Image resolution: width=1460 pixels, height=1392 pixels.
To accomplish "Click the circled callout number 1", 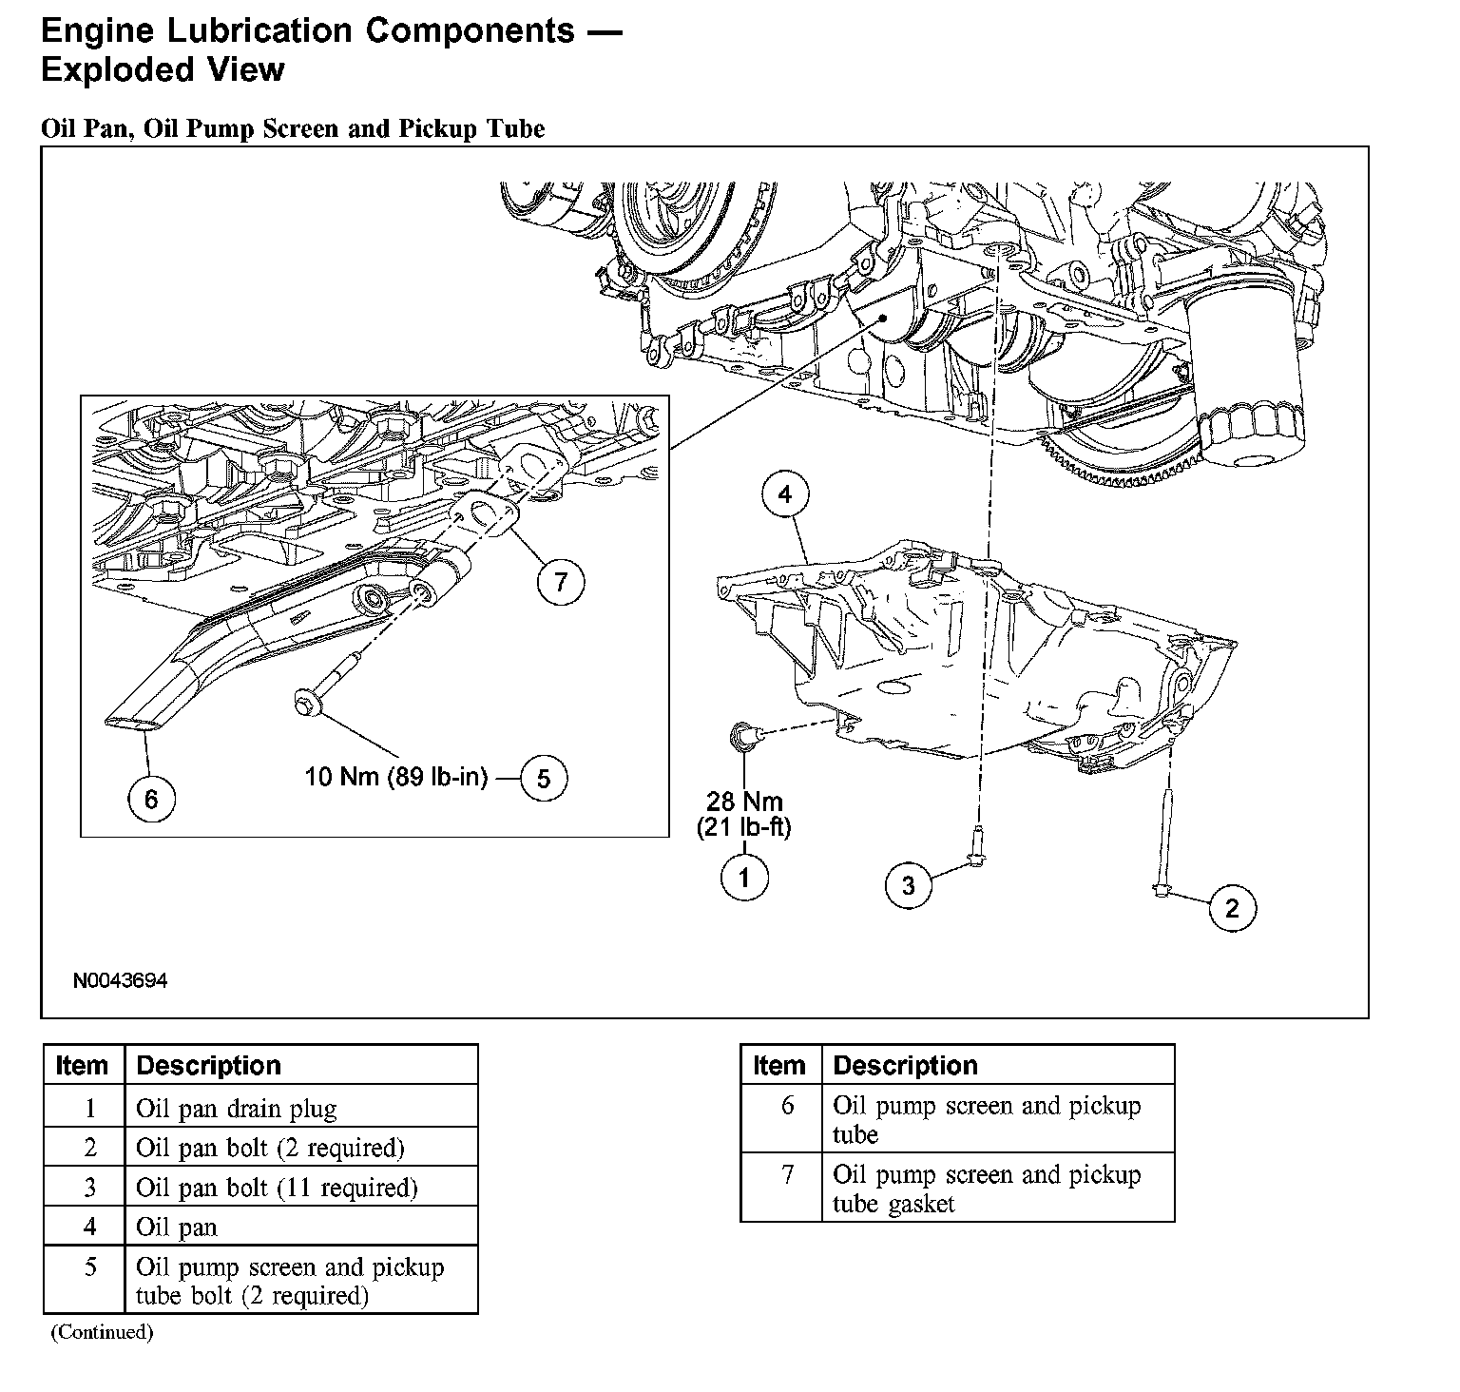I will pyautogui.click(x=744, y=878).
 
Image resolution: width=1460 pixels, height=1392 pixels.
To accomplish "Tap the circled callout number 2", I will pyautogui.click(x=1232, y=909).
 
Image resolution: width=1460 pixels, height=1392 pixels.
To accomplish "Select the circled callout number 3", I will pyautogui.click(x=909, y=886).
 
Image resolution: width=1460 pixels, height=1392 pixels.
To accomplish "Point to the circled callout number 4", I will pyautogui.click(x=785, y=494).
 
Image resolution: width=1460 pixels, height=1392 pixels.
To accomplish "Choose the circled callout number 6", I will pyautogui.click(x=151, y=800).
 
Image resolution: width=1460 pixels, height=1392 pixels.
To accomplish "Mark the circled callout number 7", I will pyautogui.click(x=561, y=581).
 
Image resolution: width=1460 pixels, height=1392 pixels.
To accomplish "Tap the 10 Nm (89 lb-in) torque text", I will pyautogui.click(x=396, y=777).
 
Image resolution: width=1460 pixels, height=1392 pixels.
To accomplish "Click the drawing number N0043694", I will pyautogui.click(x=120, y=980).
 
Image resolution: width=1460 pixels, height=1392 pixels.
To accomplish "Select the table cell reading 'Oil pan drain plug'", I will pyautogui.click(x=236, y=1109).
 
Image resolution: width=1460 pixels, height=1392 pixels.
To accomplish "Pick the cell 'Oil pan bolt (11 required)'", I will pyautogui.click(x=277, y=1188).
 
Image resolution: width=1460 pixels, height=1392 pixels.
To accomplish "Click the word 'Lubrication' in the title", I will pyautogui.click(x=261, y=30).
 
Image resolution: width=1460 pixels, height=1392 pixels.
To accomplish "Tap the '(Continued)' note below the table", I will pyautogui.click(x=102, y=1331).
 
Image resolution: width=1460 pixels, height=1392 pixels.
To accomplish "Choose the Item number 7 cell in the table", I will pyautogui.click(x=787, y=1175).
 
